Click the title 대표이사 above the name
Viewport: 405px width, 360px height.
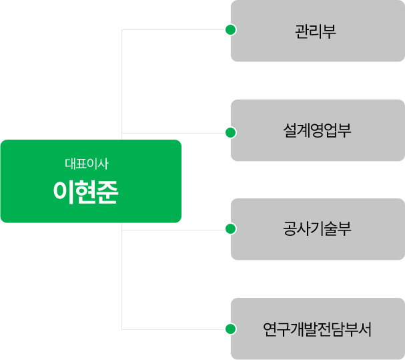pyautogui.click(x=86, y=163)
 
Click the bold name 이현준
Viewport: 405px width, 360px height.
pyautogui.click(x=86, y=192)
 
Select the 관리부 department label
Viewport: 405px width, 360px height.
pyautogui.click(x=317, y=31)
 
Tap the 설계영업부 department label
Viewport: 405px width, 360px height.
pyautogui.click(x=317, y=130)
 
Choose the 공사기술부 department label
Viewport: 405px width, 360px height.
pyautogui.click(x=317, y=229)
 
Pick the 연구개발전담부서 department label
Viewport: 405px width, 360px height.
pyautogui.click(x=317, y=329)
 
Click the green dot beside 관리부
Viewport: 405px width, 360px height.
pyautogui.click(x=231, y=30)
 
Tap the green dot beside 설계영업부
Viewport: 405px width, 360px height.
pyautogui.click(x=231, y=132)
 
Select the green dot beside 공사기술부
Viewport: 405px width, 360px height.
pyautogui.click(x=231, y=229)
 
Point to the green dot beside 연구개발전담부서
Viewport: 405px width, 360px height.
pyautogui.click(x=231, y=329)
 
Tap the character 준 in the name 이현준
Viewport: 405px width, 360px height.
pyautogui.click(x=107, y=192)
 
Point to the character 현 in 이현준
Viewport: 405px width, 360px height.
pyautogui.click(x=86, y=192)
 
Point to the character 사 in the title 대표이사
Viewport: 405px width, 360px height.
pyautogui.click(x=102, y=163)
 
